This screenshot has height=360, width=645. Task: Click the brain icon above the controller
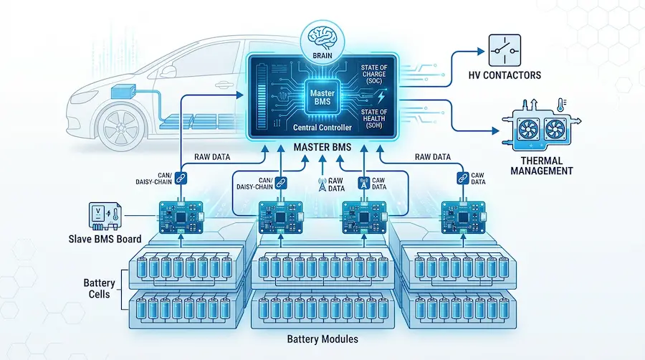click(322, 37)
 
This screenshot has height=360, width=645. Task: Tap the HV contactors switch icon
click(505, 51)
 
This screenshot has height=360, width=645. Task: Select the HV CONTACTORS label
click(505, 75)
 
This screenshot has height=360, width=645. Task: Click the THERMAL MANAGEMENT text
click(542, 166)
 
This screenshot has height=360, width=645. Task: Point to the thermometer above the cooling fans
click(561, 105)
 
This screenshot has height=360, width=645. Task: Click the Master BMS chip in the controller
click(322, 98)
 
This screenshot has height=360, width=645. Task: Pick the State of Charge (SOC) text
click(374, 74)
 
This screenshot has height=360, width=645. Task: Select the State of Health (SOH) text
click(374, 118)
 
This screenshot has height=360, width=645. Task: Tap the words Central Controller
click(322, 128)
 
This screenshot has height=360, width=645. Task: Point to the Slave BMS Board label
click(105, 239)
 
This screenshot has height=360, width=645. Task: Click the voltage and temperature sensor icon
click(105, 216)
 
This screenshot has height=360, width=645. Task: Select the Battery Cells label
click(99, 288)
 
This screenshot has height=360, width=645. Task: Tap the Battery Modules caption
click(322, 339)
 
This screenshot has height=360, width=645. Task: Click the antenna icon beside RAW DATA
click(322, 184)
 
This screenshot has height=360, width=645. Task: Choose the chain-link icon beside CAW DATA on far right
click(463, 178)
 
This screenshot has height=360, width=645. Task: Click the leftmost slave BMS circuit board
click(181, 217)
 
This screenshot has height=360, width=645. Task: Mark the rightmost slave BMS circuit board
click(463, 217)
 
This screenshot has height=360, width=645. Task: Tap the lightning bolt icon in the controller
click(381, 97)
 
